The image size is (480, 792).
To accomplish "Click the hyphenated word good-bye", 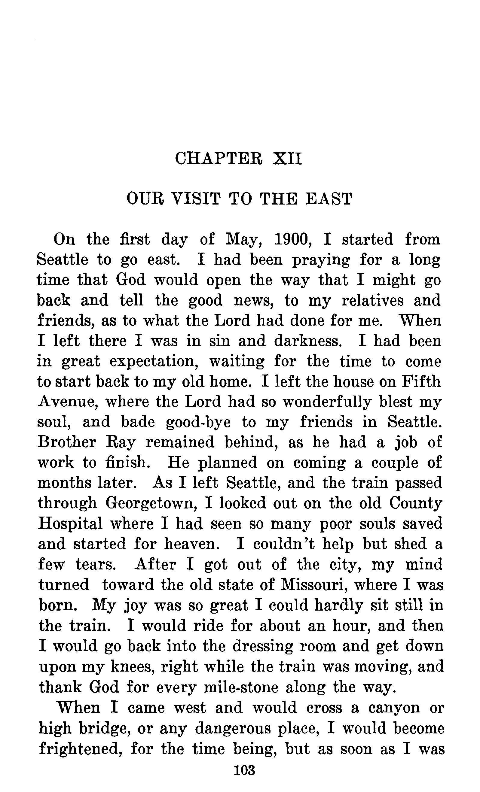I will [x=198, y=422].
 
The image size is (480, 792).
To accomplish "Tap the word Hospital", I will [x=70, y=523].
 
